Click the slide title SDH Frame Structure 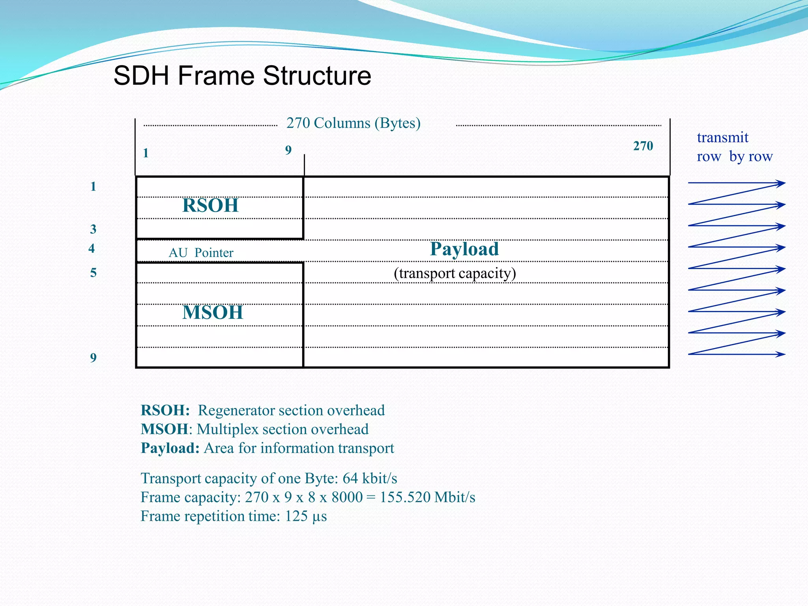click(x=242, y=75)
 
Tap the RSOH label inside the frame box click(x=210, y=206)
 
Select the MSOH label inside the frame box click(x=213, y=312)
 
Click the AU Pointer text click(x=201, y=252)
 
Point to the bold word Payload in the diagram click(x=464, y=249)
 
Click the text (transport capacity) click(x=454, y=273)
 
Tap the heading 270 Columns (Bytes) click(x=353, y=123)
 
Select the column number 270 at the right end click(x=643, y=146)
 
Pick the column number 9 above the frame click(x=288, y=150)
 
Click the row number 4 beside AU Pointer click(x=92, y=248)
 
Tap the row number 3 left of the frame click(x=93, y=229)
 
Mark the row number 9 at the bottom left click(x=93, y=357)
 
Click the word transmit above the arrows click(x=722, y=137)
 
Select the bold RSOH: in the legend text click(x=165, y=410)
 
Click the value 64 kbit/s click(x=370, y=478)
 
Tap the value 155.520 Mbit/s click(x=427, y=497)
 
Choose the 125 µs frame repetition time click(x=306, y=516)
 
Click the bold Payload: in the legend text click(x=170, y=448)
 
